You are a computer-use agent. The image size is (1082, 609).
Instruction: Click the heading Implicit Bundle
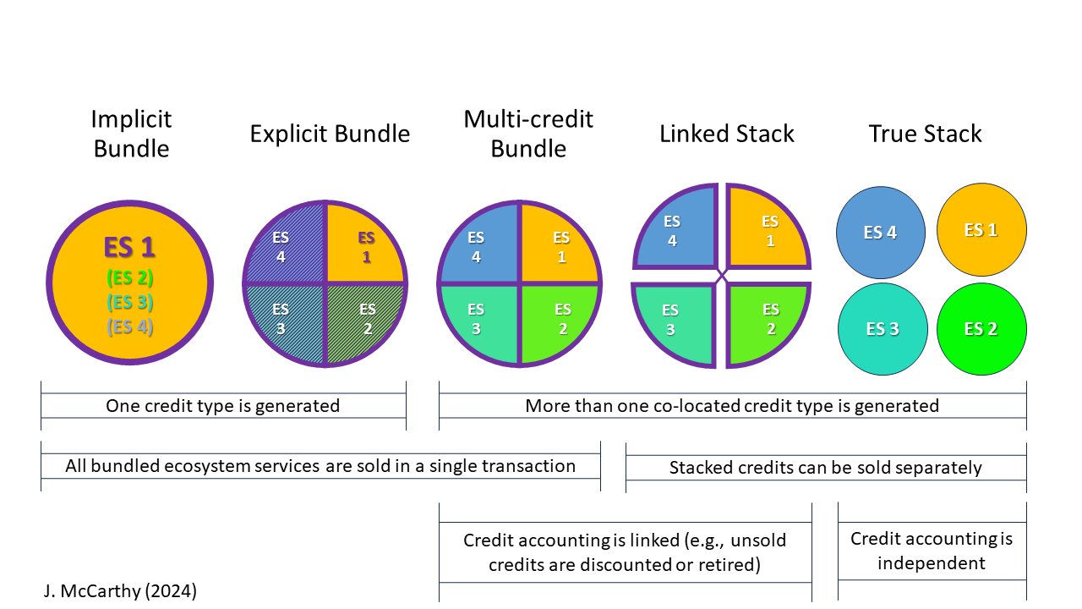(x=131, y=134)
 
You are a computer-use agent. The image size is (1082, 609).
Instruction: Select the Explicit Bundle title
(x=330, y=134)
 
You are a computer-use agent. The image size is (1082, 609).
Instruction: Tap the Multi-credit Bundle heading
(x=528, y=134)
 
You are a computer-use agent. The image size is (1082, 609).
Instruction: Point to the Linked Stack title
(x=727, y=134)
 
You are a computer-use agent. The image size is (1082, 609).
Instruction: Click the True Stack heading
(x=925, y=134)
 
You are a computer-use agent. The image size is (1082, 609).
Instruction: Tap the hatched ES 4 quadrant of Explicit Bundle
(x=284, y=245)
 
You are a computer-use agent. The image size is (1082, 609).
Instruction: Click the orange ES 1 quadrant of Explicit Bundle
(x=365, y=245)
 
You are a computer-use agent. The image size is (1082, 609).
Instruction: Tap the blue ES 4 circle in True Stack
(x=880, y=232)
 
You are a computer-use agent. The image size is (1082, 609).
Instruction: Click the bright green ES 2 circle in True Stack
(x=981, y=329)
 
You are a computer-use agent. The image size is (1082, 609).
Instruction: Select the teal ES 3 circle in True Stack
(x=882, y=329)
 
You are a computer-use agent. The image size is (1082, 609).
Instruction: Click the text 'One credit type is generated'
(x=222, y=406)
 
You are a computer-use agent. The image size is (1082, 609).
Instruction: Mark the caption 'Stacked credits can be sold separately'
(x=825, y=468)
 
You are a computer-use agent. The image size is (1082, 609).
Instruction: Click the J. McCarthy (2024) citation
(x=120, y=591)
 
